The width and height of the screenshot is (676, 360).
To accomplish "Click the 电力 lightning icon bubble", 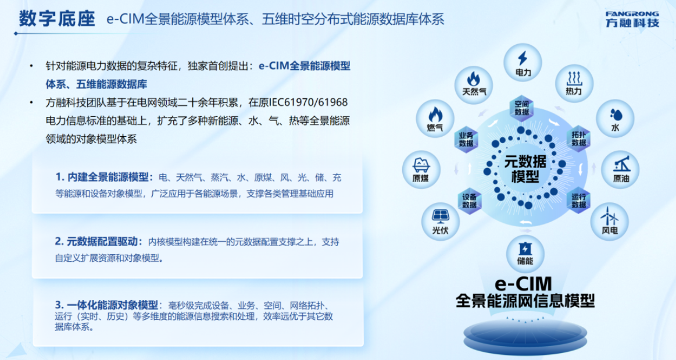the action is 523,62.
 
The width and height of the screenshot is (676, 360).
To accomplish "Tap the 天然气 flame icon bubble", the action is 474,84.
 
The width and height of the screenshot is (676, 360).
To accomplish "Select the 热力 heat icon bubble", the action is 573,83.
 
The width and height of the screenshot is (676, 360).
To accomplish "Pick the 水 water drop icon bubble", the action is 615,119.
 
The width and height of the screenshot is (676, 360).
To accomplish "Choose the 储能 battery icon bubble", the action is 525,254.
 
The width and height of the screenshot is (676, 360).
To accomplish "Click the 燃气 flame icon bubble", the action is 435,118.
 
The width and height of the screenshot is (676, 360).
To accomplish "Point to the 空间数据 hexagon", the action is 521,108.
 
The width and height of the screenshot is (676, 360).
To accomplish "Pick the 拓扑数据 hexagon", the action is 578,138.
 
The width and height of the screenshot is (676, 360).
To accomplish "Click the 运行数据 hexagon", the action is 578,201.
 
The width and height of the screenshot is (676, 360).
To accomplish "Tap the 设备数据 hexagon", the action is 470,201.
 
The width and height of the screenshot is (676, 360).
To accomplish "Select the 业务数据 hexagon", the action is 466,139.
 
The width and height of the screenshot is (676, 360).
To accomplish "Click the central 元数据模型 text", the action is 525,169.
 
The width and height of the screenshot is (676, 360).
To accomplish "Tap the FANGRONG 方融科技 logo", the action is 632,19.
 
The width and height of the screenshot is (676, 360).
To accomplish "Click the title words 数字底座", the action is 57,19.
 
